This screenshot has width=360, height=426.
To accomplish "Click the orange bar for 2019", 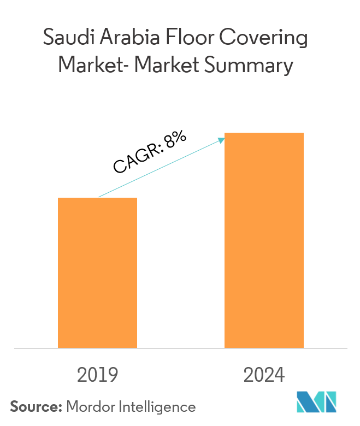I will pyautogui.click(x=97, y=273).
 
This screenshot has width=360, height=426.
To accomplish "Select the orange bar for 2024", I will pyautogui.click(x=264, y=240).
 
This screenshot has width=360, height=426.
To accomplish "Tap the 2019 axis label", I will pyautogui.click(x=97, y=376).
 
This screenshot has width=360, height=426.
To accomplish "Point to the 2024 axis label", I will pyautogui.click(x=264, y=376).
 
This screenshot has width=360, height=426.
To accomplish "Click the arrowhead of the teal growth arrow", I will pyautogui.click(x=222, y=140).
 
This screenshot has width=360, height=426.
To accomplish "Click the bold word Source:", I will pyautogui.click(x=36, y=406).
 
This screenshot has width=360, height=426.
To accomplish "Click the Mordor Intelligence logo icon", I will pyautogui.click(x=316, y=403).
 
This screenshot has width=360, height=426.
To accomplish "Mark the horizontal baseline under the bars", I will pyautogui.click(x=180, y=348).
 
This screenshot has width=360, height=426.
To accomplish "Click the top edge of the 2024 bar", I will pyautogui.click(x=264, y=133).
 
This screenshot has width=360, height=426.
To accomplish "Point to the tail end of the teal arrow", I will pyautogui.click(x=99, y=197).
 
